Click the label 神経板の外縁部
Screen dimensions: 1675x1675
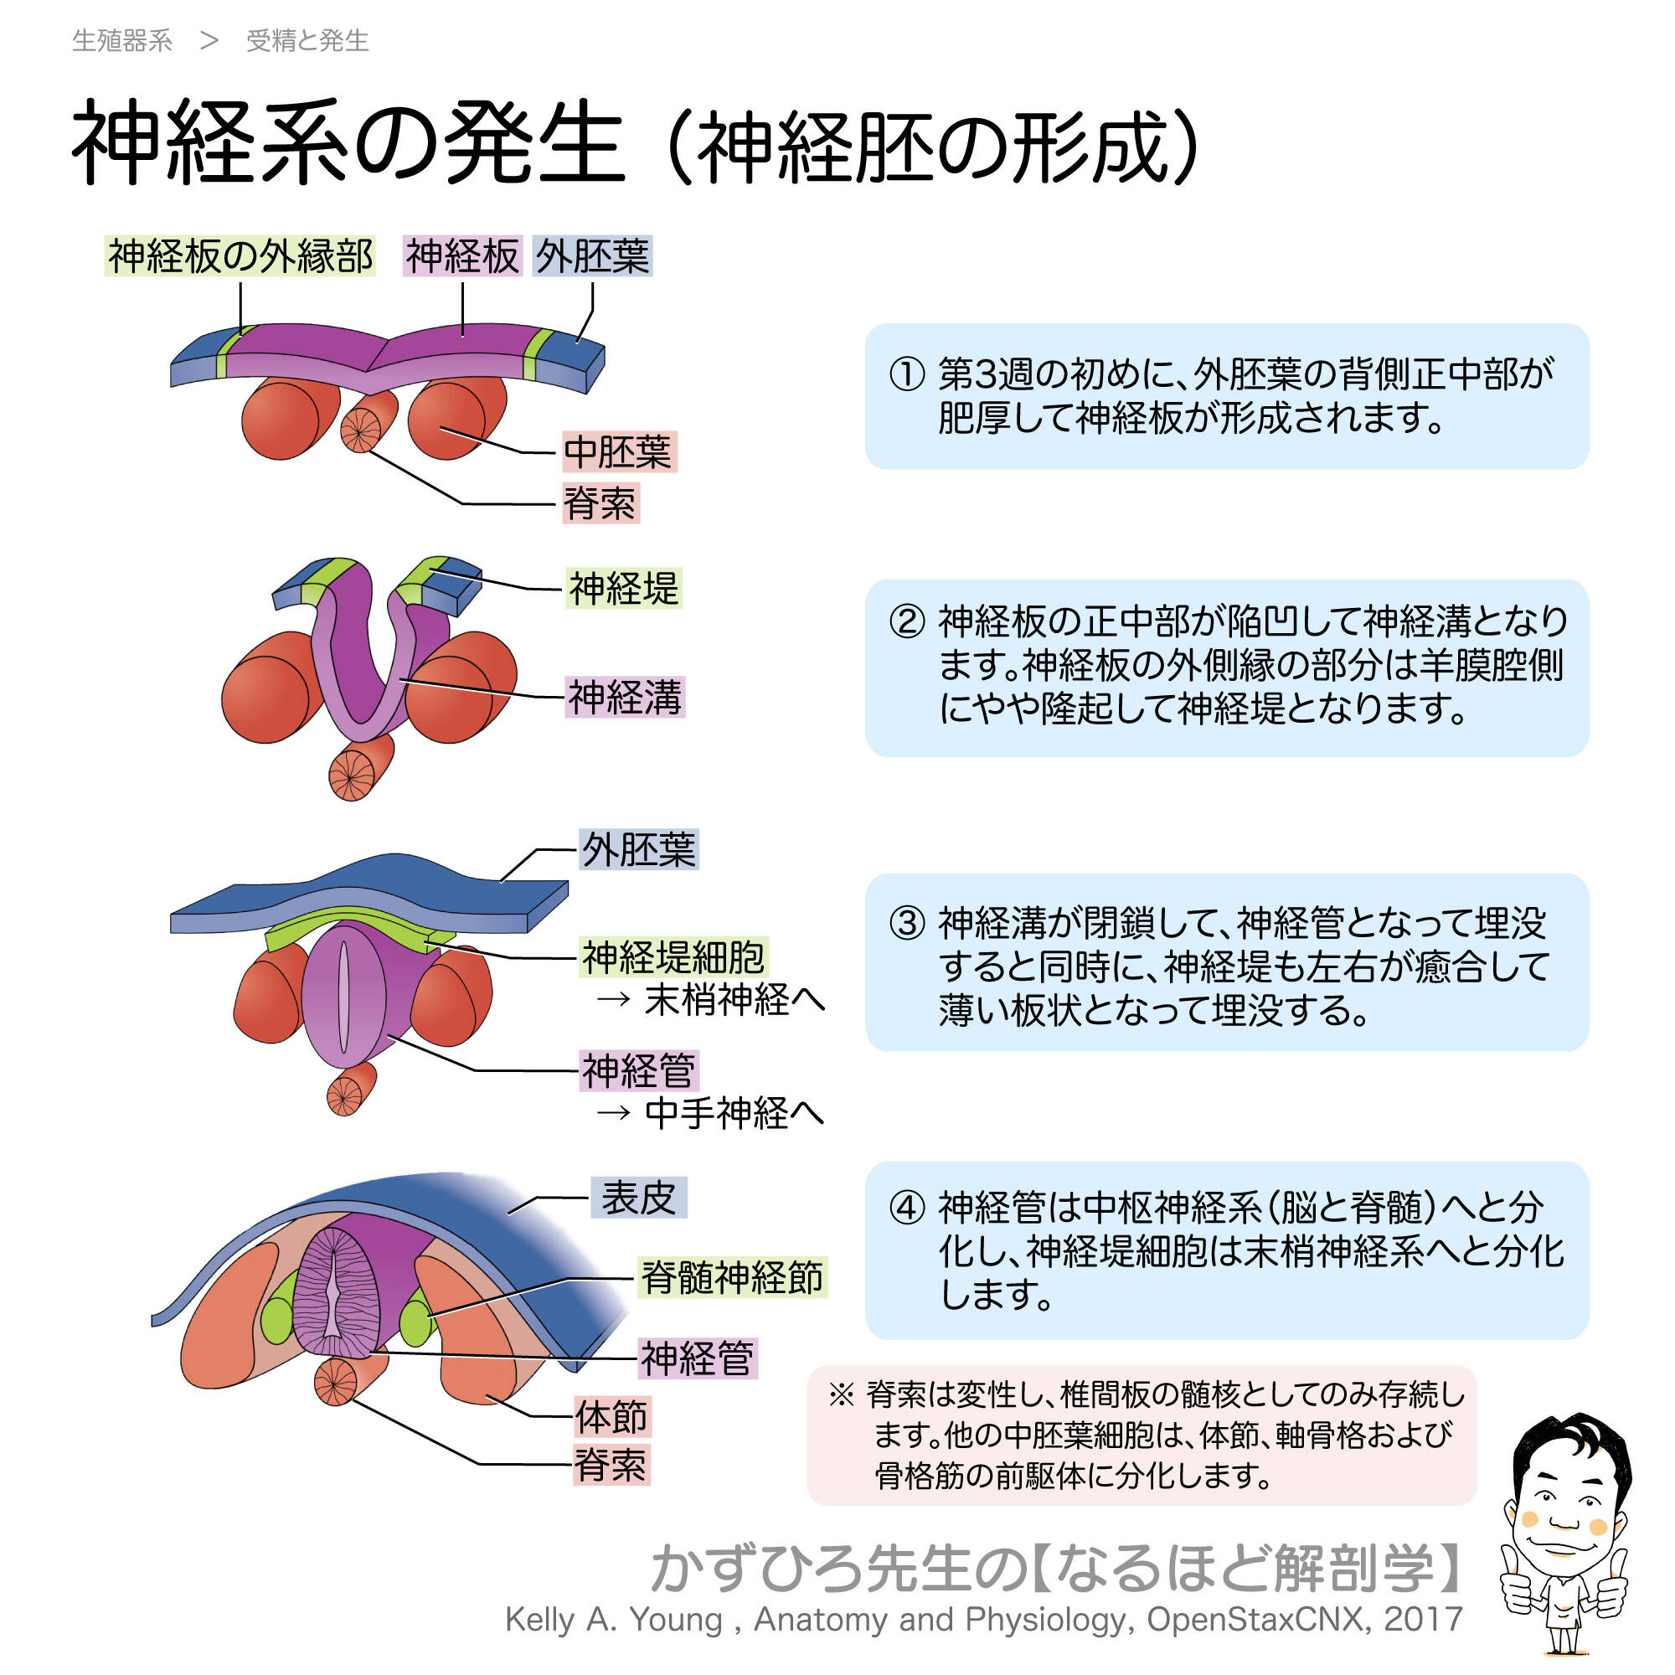[240, 256]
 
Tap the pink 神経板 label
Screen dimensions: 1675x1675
[462, 256]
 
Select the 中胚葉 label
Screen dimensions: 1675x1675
[618, 452]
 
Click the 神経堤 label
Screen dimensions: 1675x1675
[623, 589]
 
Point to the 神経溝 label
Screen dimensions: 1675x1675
[624, 697]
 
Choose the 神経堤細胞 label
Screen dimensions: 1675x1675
[673, 958]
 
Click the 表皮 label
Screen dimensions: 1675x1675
[638, 1198]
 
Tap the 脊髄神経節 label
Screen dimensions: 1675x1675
[732, 1278]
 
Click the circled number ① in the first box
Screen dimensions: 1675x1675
[907, 374]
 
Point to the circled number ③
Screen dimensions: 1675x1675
[907, 923]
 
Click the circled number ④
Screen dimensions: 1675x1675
[907, 1208]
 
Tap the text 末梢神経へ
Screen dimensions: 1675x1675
[734, 1001]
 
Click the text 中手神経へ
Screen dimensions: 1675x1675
[734, 1113]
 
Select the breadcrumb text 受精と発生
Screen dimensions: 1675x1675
[307, 41]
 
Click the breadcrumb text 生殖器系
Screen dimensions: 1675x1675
[122, 41]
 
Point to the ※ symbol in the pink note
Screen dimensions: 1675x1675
[840, 1395]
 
